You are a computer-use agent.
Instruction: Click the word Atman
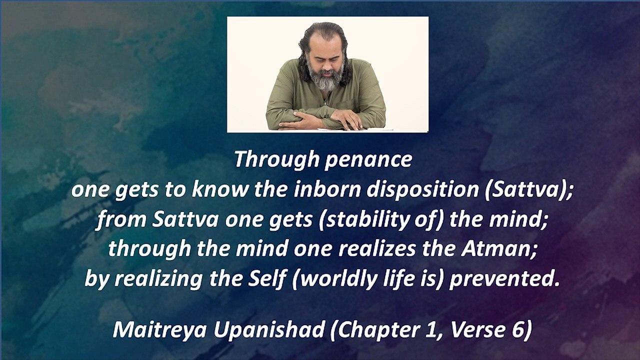[508, 249]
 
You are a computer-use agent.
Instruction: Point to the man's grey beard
[326, 80]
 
